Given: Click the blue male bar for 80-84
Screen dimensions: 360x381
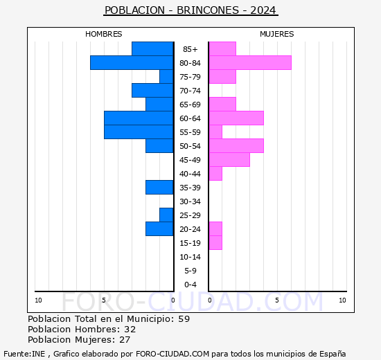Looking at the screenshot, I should pos(132,62).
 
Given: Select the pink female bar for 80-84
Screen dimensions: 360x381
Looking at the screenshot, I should pos(249,62).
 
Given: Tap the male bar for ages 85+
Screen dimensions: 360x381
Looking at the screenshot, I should pos(152,48).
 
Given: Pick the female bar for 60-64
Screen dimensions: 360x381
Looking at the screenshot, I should pos(236,118).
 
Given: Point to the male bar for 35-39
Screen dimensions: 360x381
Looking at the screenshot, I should pos(159,187).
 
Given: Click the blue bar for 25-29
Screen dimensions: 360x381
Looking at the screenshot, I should pos(166,215).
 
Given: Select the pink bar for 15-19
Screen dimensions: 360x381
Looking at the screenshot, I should pos(215,242).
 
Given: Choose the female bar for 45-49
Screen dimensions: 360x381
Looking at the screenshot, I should pos(229,159).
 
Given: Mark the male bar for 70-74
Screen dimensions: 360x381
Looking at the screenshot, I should pos(152,90).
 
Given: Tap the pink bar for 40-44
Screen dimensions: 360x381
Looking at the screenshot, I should pos(215,173).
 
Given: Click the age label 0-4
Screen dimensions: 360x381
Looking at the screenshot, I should pos(190,285).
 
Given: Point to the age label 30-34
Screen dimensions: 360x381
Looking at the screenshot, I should pos(190,201).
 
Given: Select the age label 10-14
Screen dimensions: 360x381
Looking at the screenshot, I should pos(190,257).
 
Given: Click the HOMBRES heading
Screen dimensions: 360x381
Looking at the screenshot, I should pos(103,34).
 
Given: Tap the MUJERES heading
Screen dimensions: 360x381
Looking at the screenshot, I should pos(276,34).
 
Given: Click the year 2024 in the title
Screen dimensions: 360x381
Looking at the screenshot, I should pos(263,10).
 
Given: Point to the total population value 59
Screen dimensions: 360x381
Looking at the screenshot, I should pos(183,319).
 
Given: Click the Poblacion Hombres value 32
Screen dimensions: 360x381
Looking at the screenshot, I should pos(130,330).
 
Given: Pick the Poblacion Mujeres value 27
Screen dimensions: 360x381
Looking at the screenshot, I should pos(125,340).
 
